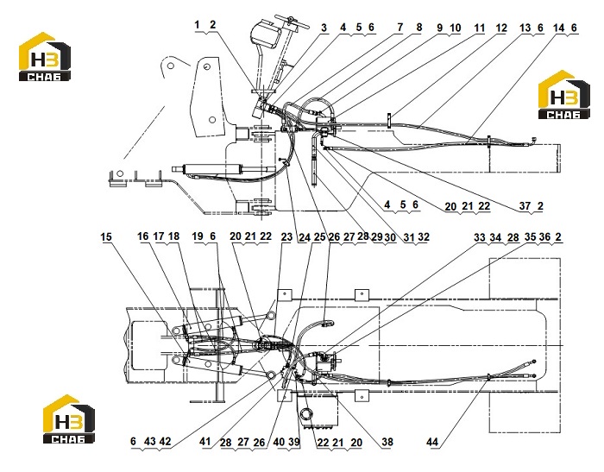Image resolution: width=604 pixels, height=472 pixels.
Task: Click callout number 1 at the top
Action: click(198, 25)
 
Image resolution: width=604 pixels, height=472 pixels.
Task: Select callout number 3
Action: click(324, 28)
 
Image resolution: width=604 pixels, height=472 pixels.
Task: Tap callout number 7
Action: click(400, 28)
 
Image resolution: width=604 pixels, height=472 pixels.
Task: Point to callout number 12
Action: click(501, 28)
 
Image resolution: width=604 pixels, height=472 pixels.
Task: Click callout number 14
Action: click(558, 28)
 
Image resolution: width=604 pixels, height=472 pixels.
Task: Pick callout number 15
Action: click(106, 236)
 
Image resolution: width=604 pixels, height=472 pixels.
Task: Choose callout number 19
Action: click(198, 236)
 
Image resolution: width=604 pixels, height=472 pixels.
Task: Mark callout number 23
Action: click(286, 236)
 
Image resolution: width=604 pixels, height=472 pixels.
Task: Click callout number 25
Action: click(320, 237)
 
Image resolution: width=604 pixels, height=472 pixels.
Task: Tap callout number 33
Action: click(480, 237)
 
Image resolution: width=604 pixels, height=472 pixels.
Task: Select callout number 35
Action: click(531, 237)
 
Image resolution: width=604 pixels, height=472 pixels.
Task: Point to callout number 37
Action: click(525, 206)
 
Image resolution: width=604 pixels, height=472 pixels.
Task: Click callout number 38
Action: click(387, 442)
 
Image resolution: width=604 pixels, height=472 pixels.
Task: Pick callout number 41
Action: click(205, 442)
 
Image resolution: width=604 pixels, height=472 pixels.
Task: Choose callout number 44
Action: click(432, 442)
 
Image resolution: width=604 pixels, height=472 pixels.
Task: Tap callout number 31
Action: click(409, 237)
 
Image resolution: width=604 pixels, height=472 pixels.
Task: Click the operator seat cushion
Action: click(266, 35)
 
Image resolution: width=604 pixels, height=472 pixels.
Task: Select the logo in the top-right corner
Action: click(564, 95)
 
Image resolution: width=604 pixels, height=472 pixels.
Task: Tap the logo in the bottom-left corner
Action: click(68, 419)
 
